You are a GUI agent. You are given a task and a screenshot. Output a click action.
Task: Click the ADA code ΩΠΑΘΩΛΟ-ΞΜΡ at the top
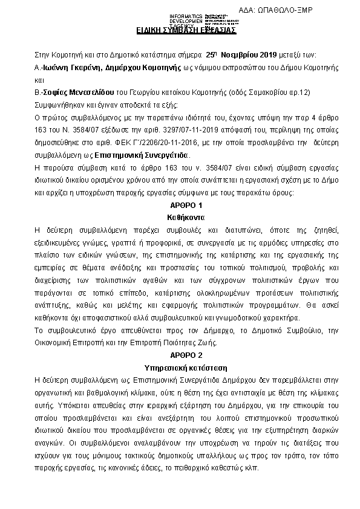(284, 11)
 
